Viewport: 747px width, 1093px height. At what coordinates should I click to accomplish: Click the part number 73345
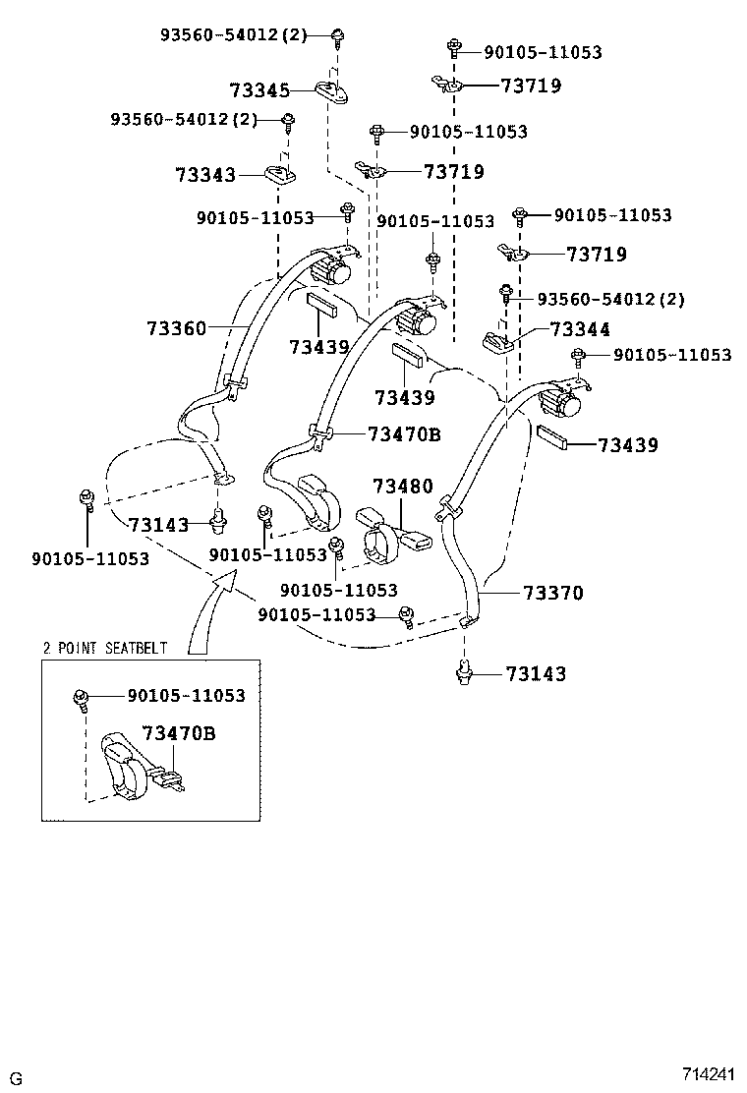tap(259, 90)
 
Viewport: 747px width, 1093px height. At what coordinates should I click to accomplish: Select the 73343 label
tap(205, 175)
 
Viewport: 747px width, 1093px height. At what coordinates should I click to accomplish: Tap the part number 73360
tap(177, 328)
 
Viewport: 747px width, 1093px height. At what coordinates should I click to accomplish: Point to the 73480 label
tap(403, 487)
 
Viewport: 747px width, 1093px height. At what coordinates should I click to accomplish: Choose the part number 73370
tap(552, 593)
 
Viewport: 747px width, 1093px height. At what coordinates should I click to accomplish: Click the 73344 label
tap(580, 330)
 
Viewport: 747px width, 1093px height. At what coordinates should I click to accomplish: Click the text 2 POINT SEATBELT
tap(105, 648)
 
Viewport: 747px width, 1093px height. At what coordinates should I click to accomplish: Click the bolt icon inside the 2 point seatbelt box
tap(83, 699)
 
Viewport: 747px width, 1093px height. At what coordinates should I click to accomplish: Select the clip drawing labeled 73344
tap(499, 341)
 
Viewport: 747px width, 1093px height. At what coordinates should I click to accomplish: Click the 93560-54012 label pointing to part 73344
tap(610, 299)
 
